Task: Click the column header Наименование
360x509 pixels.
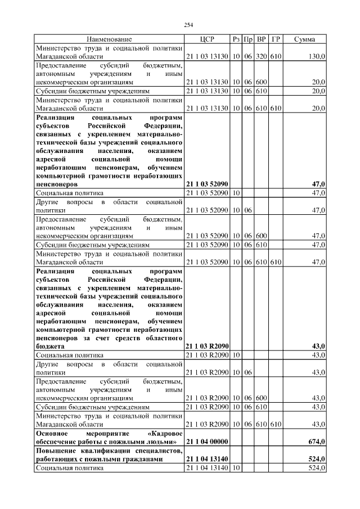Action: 109,39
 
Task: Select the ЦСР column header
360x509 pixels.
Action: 207,39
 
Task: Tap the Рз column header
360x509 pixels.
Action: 236,39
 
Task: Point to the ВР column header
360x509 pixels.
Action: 261,39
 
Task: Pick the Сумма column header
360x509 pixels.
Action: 304,39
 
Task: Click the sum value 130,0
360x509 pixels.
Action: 317,57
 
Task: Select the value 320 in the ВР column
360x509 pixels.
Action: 261,57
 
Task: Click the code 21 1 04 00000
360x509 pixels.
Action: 206,442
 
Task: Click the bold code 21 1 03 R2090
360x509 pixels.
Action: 206,347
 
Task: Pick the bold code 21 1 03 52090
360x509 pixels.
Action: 206,184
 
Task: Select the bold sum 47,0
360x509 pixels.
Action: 318,184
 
